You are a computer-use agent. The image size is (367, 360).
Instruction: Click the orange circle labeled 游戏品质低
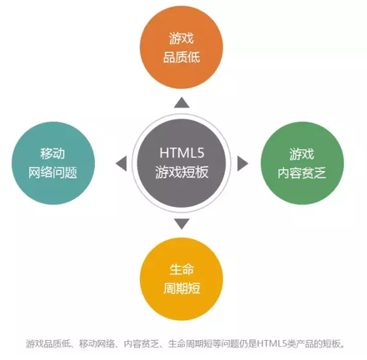pos(181,47)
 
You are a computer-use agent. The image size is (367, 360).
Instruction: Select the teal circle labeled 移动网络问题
pos(53,163)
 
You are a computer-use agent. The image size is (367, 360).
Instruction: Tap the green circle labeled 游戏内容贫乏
pos(302,163)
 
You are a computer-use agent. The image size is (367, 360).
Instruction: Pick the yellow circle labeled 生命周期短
pos(181,279)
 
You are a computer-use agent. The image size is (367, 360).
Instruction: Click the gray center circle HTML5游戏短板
pos(181,163)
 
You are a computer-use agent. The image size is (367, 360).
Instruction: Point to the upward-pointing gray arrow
pos(181,103)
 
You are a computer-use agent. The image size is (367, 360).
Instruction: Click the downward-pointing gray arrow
pos(181,224)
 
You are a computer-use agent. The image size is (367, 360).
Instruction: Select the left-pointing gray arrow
pos(121,163)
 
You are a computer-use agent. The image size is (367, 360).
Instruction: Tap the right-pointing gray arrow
pos(243,163)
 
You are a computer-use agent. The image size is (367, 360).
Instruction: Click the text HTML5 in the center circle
pos(182,153)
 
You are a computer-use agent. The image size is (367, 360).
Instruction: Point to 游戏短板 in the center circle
pos(181,172)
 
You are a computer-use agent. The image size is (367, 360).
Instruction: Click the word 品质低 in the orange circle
pos(181,57)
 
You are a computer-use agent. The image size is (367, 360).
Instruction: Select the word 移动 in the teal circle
pos(53,154)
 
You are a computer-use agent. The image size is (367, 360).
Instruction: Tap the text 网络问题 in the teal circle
pos(53,173)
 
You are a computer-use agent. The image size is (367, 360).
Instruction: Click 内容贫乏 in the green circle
pos(302,174)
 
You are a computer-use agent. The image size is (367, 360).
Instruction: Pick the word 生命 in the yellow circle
pos(181,269)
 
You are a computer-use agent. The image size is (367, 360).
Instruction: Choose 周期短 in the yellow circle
pos(181,289)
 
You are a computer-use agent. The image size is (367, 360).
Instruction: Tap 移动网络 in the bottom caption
pos(97,343)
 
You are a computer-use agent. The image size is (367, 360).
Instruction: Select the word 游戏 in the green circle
pos(302,154)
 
